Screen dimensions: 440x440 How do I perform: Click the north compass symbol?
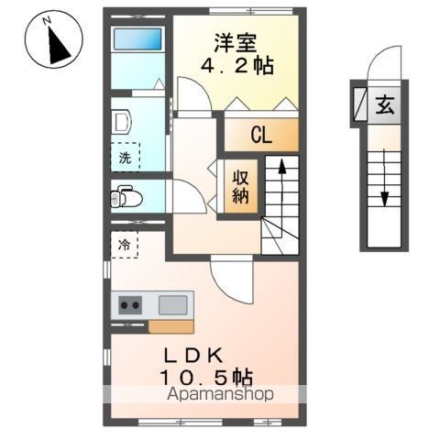point(49,41)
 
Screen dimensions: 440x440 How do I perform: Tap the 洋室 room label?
point(236,42)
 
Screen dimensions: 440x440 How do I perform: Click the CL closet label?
point(261,137)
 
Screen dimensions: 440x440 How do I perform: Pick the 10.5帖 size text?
point(206,377)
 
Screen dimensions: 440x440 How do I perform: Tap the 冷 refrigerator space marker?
point(125,245)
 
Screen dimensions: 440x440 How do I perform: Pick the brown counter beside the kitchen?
point(170,326)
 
